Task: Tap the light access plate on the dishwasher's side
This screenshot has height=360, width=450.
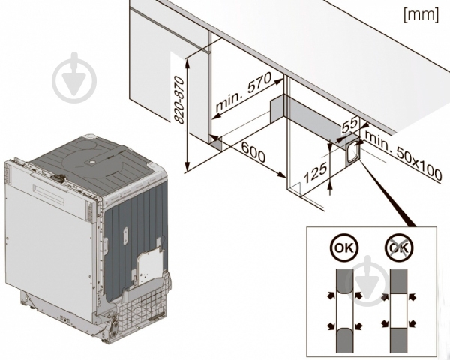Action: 152,259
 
